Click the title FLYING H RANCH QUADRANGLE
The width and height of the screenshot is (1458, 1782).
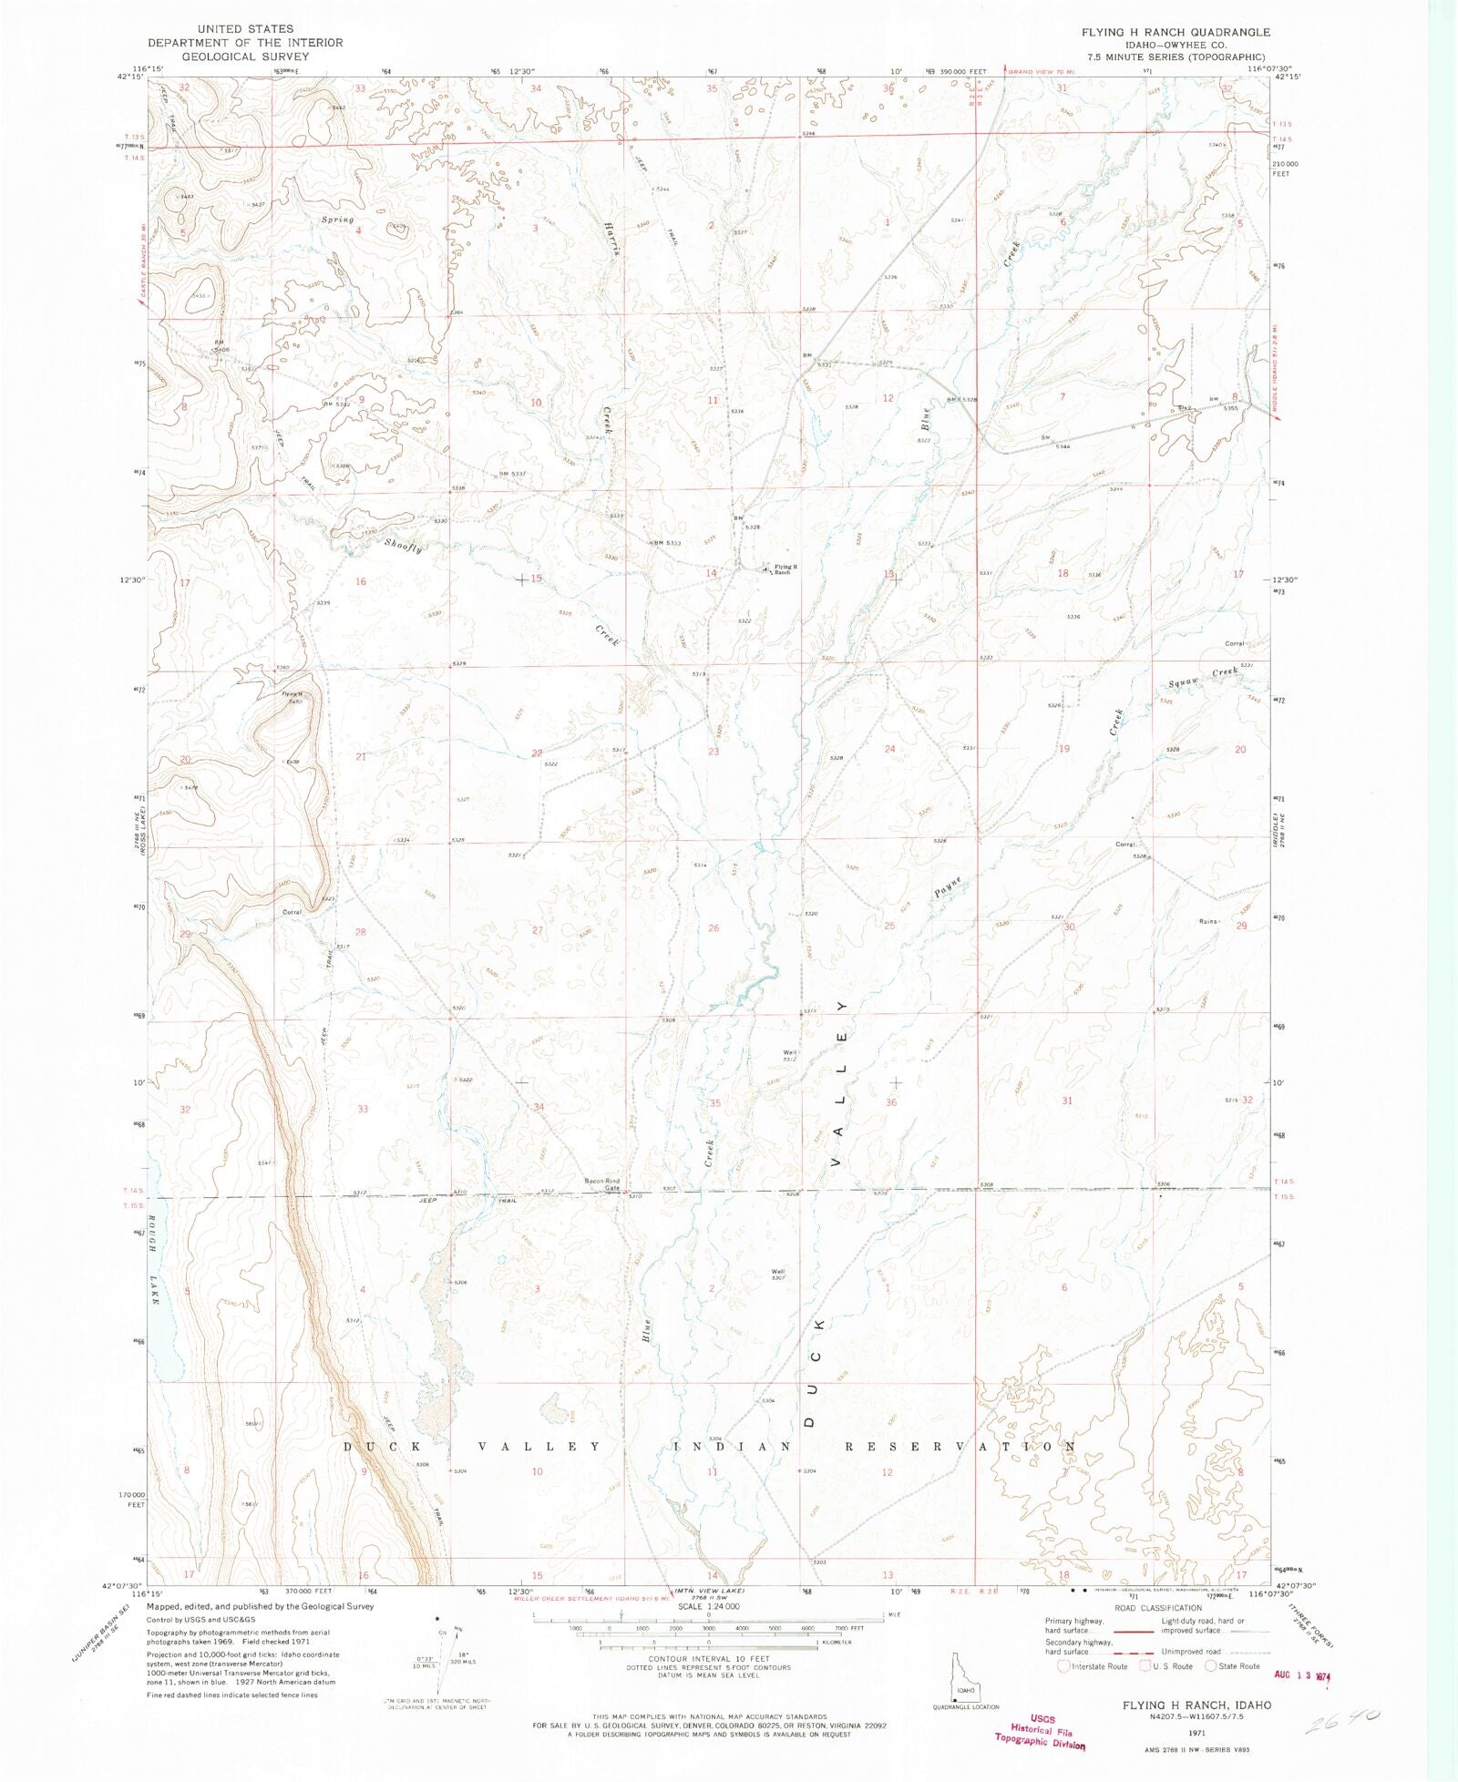tap(1176, 32)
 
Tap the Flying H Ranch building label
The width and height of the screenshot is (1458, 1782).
tap(785, 569)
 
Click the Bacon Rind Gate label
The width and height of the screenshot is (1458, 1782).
tap(601, 1184)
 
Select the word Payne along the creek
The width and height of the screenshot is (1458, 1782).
tap(948, 887)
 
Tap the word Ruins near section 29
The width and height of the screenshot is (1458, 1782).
tap(1208, 921)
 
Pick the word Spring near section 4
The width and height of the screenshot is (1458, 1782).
tap(337, 220)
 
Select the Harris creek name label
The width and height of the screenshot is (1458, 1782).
tap(610, 240)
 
